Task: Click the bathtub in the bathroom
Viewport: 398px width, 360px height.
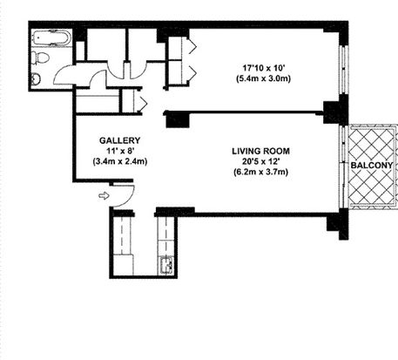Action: point(51,37)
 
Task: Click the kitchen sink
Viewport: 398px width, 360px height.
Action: point(166,265)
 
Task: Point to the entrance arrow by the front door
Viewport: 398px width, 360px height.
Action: point(104,196)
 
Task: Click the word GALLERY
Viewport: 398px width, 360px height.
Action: point(120,140)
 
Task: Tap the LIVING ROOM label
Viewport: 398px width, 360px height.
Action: point(261,151)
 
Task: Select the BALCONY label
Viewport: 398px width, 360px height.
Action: point(372,166)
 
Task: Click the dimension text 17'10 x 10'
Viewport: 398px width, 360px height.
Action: point(265,68)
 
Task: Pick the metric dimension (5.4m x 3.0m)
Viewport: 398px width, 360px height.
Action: point(264,78)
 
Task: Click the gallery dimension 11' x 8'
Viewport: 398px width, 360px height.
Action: point(120,151)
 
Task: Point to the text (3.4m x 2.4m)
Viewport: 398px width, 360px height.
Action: point(120,161)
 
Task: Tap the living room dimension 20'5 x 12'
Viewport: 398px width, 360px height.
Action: point(261,161)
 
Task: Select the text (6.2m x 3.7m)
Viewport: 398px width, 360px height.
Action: point(261,173)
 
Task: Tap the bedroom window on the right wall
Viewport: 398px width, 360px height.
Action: point(344,70)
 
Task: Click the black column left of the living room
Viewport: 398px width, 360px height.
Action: point(178,119)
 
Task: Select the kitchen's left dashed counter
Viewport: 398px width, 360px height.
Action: point(122,235)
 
